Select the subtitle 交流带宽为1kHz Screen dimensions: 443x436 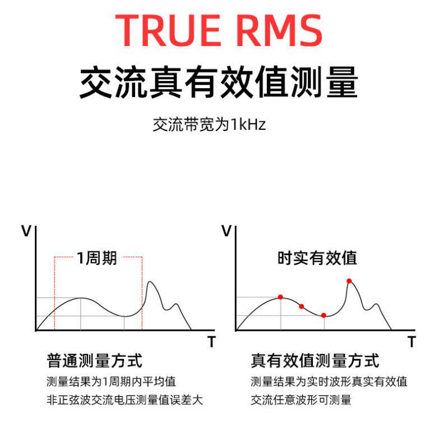click(209, 125)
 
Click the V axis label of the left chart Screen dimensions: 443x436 click(26, 230)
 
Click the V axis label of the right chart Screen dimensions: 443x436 click(227, 230)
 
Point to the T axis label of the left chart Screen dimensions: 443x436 click(211, 341)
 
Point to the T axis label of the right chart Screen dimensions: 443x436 click(412, 341)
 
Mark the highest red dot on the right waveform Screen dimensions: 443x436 click(349, 281)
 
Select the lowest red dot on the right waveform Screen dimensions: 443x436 click(324, 315)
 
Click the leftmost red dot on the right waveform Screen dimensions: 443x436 click(280, 297)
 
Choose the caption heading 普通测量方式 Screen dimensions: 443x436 click(94, 360)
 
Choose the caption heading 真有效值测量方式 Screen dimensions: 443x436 click(315, 360)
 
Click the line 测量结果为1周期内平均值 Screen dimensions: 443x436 click(111, 381)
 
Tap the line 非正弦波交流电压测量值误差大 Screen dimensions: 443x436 click(124, 400)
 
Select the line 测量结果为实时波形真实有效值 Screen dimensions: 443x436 click(329, 381)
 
